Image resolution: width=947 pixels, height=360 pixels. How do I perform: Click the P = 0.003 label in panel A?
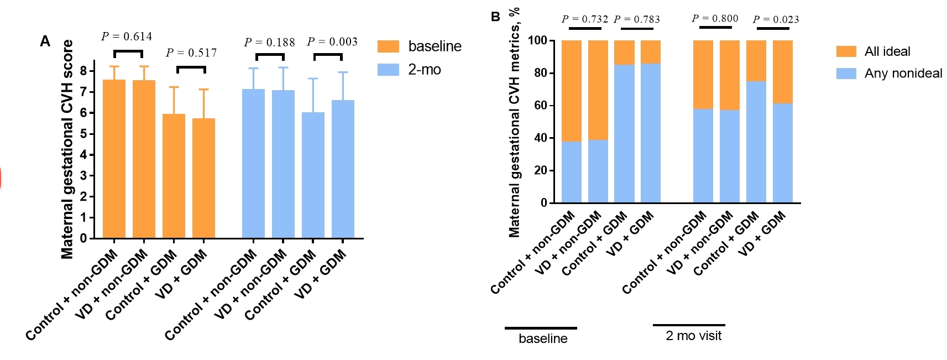[332, 42]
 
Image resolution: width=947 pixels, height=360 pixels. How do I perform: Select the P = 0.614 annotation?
[127, 36]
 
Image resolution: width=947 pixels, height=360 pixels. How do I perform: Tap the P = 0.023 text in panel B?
[776, 19]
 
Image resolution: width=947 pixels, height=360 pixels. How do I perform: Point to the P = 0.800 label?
[715, 18]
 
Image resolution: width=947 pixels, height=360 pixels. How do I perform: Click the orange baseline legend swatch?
[388, 46]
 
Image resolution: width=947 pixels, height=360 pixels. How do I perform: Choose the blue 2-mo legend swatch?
[388, 70]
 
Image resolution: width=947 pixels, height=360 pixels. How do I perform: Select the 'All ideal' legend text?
[887, 51]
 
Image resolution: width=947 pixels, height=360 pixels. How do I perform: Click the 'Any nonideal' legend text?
[903, 74]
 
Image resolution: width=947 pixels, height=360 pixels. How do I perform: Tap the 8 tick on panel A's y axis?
[83, 71]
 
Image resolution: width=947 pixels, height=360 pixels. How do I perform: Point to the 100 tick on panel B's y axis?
[537, 40]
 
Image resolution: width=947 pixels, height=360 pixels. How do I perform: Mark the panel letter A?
[45, 41]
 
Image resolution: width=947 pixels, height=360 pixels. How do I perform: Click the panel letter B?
[495, 17]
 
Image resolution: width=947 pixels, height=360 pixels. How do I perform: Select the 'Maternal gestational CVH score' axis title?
[67, 149]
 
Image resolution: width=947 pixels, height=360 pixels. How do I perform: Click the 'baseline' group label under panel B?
[543, 338]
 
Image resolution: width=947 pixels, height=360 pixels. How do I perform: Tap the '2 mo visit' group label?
[693, 336]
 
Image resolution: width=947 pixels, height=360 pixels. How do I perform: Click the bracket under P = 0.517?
[191, 67]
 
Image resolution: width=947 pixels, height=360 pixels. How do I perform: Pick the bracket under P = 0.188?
[270, 55]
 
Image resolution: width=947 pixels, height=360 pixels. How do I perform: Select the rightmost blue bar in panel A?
[343, 169]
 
